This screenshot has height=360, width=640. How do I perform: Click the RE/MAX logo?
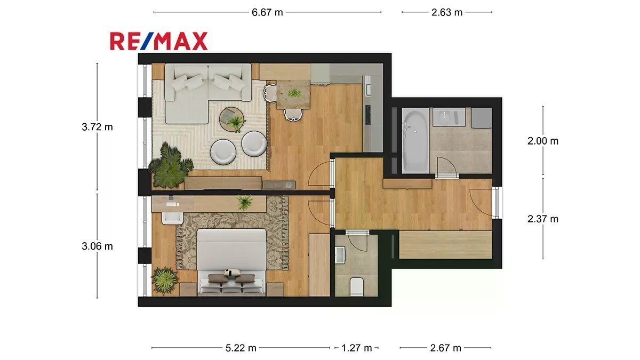[159, 41]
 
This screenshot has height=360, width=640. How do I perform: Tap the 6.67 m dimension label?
[267, 13]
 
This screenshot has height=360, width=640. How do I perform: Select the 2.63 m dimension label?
[447, 13]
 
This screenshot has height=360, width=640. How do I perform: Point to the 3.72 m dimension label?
[97, 127]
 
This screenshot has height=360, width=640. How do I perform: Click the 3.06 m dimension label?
[97, 246]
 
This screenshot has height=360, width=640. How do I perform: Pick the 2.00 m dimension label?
[542, 141]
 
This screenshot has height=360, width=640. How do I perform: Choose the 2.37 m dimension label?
[542, 219]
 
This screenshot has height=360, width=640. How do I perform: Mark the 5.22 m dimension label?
[241, 348]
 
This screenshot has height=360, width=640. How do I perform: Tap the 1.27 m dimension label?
[357, 348]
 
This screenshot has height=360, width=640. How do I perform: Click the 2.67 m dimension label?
[446, 348]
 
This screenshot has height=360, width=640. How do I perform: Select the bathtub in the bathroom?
[415, 141]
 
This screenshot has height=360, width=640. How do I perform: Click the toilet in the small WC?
[357, 286]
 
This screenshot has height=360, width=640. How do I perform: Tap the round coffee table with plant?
[231, 119]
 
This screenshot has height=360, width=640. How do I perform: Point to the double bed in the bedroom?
[231, 261]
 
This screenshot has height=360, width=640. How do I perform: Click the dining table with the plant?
[293, 94]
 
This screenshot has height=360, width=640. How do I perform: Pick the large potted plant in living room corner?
[171, 166]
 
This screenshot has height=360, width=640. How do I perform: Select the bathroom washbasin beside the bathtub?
[449, 117]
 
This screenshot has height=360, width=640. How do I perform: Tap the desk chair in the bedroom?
[172, 218]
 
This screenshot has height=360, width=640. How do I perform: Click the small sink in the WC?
[340, 255]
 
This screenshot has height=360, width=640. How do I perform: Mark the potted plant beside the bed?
[164, 281]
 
